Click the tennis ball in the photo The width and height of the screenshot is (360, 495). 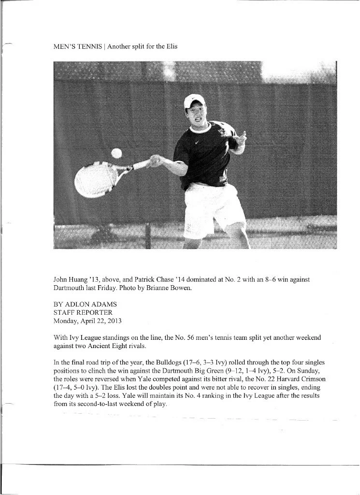(x=116, y=153)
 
